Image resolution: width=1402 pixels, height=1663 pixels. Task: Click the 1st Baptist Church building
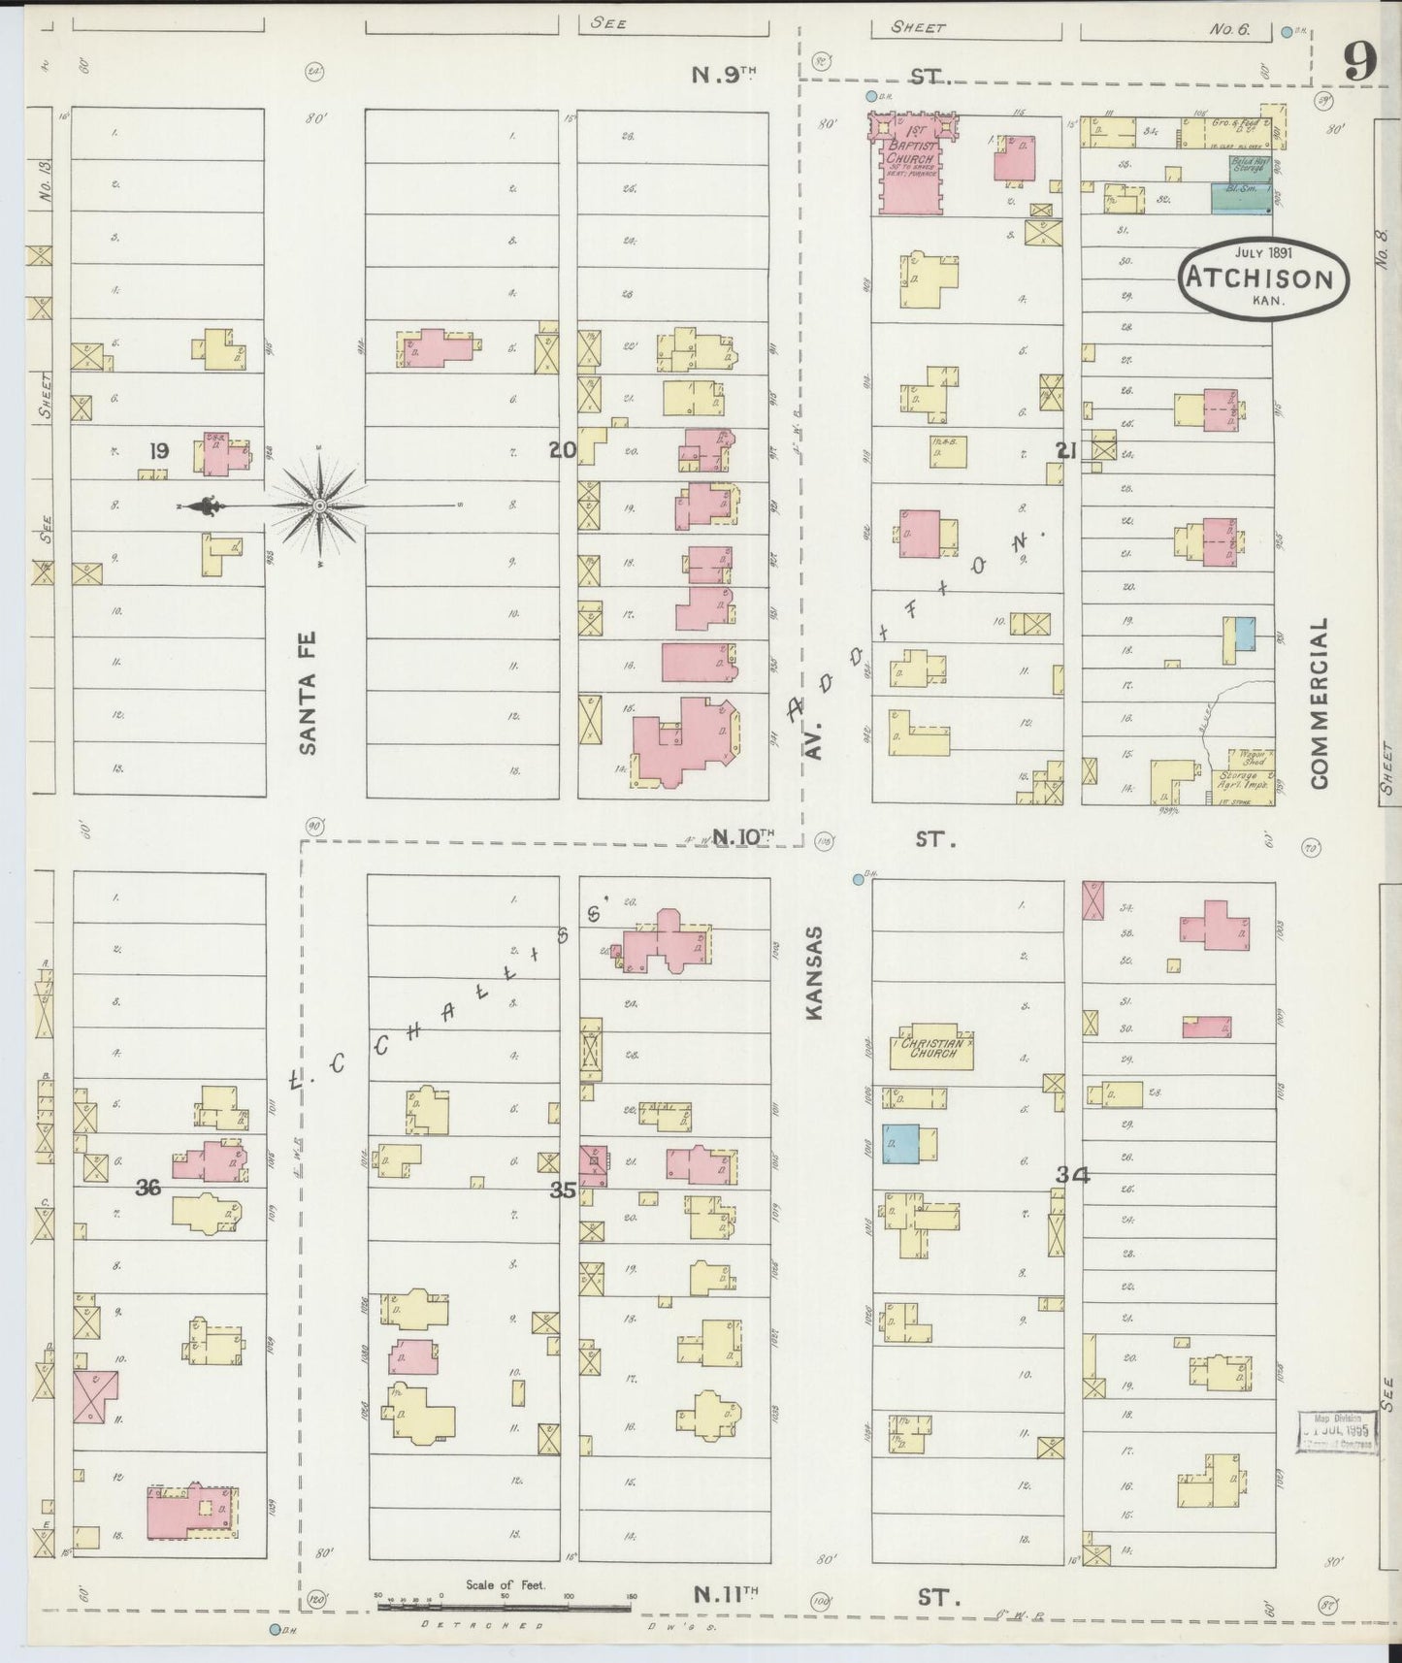(x=911, y=165)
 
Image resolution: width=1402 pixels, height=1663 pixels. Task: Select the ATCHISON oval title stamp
(x=1262, y=278)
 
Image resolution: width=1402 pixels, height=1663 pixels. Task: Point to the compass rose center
(x=319, y=505)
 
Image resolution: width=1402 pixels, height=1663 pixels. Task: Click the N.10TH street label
(x=744, y=835)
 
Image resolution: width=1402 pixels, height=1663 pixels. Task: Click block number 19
(x=159, y=450)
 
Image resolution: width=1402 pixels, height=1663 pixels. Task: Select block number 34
(x=1072, y=1175)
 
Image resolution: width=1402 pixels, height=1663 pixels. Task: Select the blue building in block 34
(x=900, y=1144)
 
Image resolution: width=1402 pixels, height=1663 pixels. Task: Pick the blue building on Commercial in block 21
(x=1243, y=634)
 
